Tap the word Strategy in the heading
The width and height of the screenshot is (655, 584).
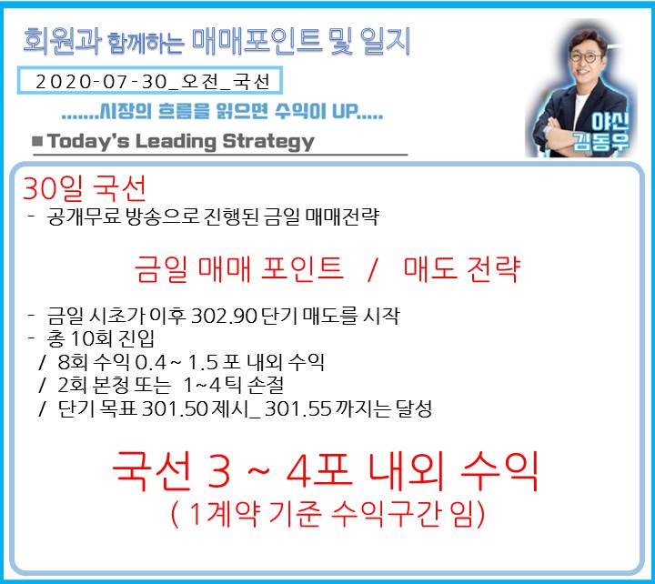pyautogui.click(x=268, y=142)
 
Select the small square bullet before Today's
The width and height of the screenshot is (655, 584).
pyautogui.click(x=37, y=141)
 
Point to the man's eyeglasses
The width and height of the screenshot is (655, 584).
pyautogui.click(x=584, y=56)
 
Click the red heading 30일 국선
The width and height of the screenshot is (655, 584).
pyautogui.click(x=85, y=188)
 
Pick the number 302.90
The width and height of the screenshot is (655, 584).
pyautogui.click(x=224, y=316)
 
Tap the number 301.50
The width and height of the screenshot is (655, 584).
pyautogui.click(x=175, y=408)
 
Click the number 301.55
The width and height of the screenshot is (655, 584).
pyautogui.click(x=298, y=408)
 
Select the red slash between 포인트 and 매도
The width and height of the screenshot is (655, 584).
pyautogui.click(x=373, y=269)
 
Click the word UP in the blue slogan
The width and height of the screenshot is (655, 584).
pyautogui.click(x=345, y=111)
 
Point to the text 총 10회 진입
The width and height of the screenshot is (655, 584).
pyautogui.click(x=101, y=338)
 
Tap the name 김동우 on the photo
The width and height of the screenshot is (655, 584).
pyautogui.click(x=601, y=141)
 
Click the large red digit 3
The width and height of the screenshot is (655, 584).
pyautogui.click(x=219, y=472)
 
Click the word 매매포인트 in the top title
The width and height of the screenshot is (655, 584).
pyautogui.click(x=257, y=42)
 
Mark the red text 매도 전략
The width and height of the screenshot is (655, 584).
pyautogui.click(x=461, y=269)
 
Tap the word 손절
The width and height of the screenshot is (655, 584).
pyautogui.click(x=266, y=385)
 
